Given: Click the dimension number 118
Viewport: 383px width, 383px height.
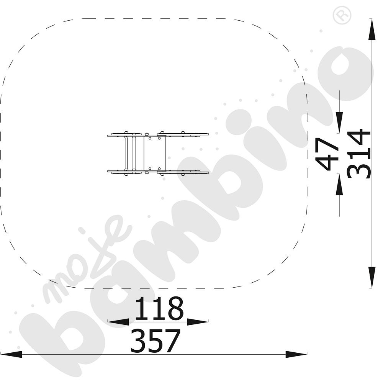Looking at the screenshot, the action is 159,308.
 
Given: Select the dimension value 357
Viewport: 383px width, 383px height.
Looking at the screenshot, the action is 155,340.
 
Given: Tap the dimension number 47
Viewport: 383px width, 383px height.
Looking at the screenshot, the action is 327,154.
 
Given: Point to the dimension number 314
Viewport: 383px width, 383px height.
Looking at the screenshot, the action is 359,154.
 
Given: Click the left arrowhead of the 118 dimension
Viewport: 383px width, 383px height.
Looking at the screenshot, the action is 118,322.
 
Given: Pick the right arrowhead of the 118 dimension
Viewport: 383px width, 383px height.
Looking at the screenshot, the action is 198,322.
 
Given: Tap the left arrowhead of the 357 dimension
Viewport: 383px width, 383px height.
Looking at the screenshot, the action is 11,354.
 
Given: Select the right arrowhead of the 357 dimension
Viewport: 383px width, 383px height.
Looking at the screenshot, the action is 296,354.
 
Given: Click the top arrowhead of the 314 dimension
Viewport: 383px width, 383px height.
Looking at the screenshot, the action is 372,29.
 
